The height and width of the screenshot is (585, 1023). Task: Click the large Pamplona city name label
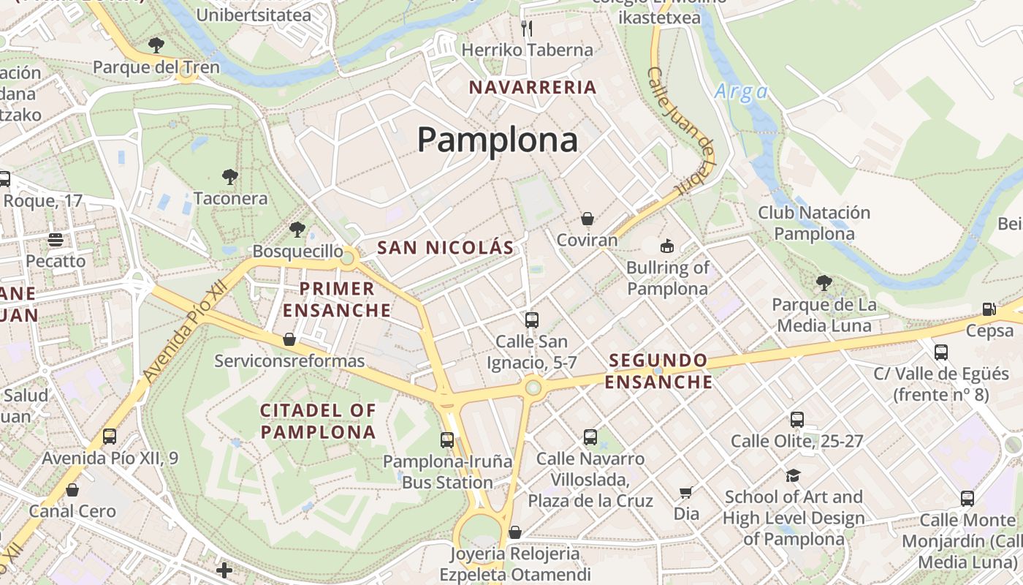(x=497, y=139)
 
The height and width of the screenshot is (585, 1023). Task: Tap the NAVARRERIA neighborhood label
(x=533, y=88)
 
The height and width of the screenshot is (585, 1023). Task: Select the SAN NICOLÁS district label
(x=446, y=248)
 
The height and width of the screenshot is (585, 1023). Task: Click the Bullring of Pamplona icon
(x=666, y=246)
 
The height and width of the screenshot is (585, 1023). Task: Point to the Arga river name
(x=741, y=91)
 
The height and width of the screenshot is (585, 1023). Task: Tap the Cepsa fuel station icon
(x=989, y=309)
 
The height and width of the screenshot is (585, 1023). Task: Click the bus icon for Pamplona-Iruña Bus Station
(x=447, y=440)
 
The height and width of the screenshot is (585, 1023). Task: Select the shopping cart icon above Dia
(x=685, y=493)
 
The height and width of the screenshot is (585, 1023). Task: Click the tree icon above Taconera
(x=230, y=176)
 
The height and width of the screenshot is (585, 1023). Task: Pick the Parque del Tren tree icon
(x=156, y=45)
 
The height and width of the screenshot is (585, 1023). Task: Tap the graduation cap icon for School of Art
(x=793, y=476)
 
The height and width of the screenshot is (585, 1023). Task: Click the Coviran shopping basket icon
(x=587, y=219)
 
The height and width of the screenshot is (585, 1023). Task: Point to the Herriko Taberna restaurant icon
(x=527, y=29)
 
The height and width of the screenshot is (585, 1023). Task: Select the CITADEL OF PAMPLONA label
(x=318, y=421)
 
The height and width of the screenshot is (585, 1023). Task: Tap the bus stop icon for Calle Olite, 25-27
(x=796, y=420)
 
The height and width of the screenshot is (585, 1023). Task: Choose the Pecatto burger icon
(x=56, y=239)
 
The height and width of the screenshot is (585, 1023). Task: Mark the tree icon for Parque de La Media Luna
(x=824, y=282)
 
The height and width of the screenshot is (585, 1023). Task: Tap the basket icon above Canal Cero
(x=72, y=490)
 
